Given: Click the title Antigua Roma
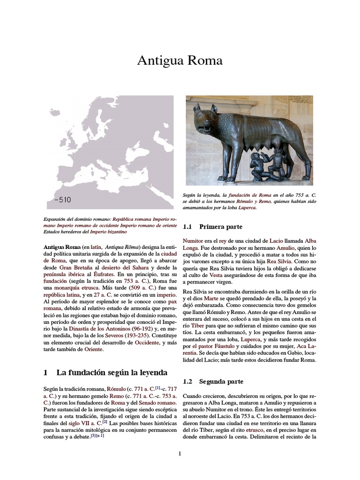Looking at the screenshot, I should [x=180, y=60].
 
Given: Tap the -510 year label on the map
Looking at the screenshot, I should [x=63, y=200].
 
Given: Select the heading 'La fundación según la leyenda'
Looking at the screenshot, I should [x=112, y=373].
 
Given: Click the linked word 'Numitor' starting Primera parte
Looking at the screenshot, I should [x=193, y=240].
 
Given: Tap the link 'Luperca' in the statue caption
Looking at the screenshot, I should [x=247, y=208].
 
